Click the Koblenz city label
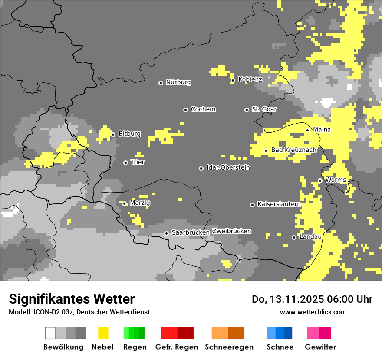pos(250,79)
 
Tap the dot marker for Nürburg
pos(161,82)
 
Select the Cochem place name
pos(203,109)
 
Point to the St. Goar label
pos(264,109)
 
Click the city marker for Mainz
pos(307,130)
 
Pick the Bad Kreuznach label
pos(293,150)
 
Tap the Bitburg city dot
pos(113,134)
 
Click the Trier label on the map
pos(138,162)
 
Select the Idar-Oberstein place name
pos(228,167)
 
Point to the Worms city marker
pos(320,180)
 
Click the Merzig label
pos(140,203)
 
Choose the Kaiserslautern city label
pos(279,204)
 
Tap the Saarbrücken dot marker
pos(166,233)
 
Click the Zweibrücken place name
pos(231,231)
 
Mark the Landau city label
pos(310,236)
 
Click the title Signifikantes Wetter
pos(72,299)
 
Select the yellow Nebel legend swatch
pos(103,333)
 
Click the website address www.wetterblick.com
pos(313,312)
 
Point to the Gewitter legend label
pos(320,347)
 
